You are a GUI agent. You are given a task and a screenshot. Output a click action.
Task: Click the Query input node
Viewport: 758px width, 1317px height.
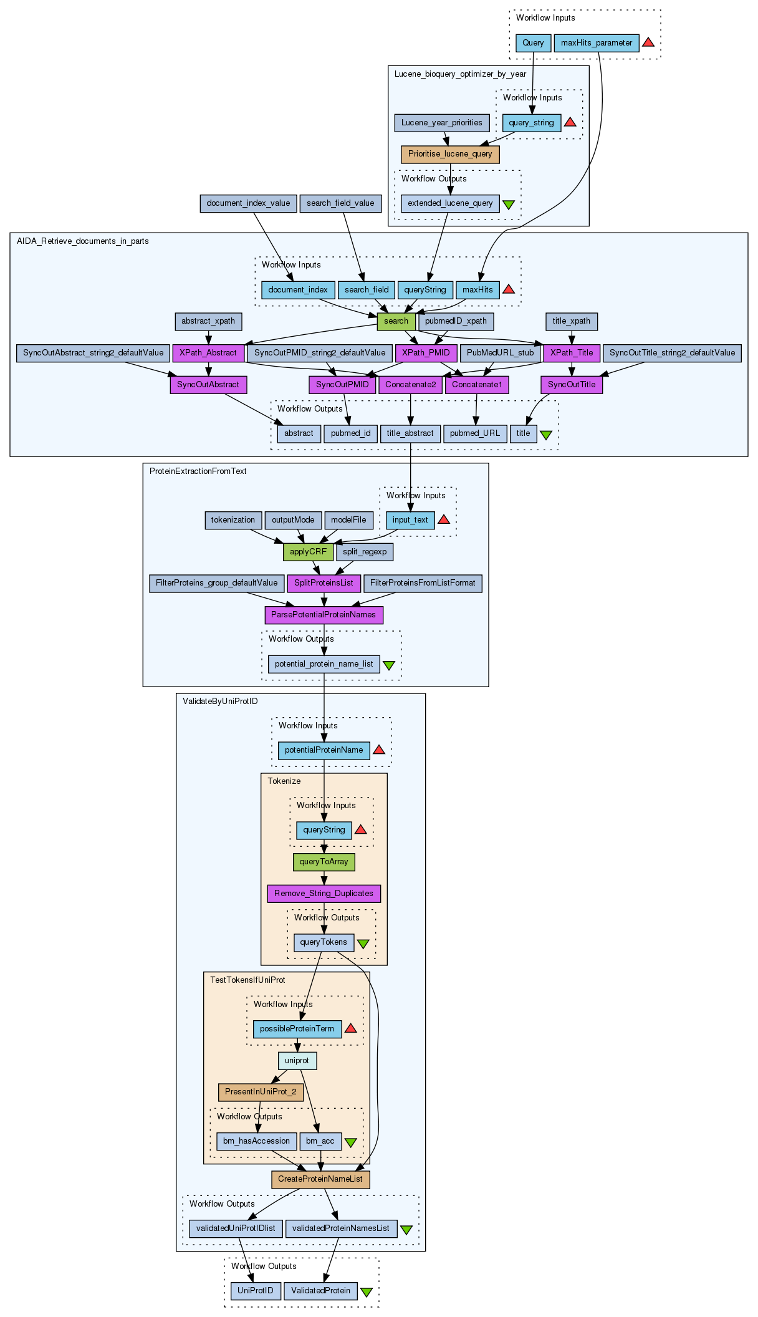[533, 43]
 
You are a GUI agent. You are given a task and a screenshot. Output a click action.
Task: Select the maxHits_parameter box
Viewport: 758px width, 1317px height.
[597, 43]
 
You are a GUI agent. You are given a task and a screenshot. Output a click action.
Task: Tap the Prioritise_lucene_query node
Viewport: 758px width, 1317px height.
[450, 154]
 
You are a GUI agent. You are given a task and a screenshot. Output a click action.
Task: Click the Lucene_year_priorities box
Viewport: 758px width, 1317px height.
[442, 123]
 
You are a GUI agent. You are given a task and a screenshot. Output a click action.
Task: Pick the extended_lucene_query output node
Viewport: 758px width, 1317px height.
[450, 203]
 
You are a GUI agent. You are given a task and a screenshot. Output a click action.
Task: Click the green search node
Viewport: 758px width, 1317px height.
[396, 321]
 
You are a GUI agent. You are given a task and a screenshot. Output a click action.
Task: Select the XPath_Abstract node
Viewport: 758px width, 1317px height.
[208, 353]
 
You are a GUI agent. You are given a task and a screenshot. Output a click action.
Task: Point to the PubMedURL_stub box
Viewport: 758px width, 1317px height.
[501, 353]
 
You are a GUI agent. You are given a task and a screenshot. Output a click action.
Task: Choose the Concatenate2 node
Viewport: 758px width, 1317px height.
[411, 385]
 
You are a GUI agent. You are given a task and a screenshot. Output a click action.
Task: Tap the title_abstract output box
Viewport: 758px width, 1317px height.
[410, 433]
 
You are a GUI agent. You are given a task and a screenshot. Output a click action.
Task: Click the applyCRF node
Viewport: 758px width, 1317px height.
[308, 552]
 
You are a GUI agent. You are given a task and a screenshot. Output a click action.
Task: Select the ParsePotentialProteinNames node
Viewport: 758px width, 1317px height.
[324, 615]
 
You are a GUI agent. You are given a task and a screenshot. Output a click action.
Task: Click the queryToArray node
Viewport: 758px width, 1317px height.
[324, 862]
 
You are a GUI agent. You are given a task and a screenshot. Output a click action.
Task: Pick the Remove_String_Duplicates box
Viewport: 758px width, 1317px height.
[324, 894]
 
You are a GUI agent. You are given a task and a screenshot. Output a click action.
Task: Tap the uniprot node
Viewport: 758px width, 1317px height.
[297, 1061]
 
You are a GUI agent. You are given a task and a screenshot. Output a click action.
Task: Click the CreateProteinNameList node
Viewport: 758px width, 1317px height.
[320, 1179]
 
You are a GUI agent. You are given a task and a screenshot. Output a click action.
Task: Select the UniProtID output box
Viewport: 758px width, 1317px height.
[256, 1291]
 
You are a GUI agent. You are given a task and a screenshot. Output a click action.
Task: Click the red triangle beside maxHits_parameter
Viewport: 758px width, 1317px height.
[648, 42]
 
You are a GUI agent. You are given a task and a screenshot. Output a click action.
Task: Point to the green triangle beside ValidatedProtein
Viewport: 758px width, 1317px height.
[367, 1292]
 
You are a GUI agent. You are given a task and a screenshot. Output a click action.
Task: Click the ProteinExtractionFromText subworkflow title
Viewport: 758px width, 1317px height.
[198, 471]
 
